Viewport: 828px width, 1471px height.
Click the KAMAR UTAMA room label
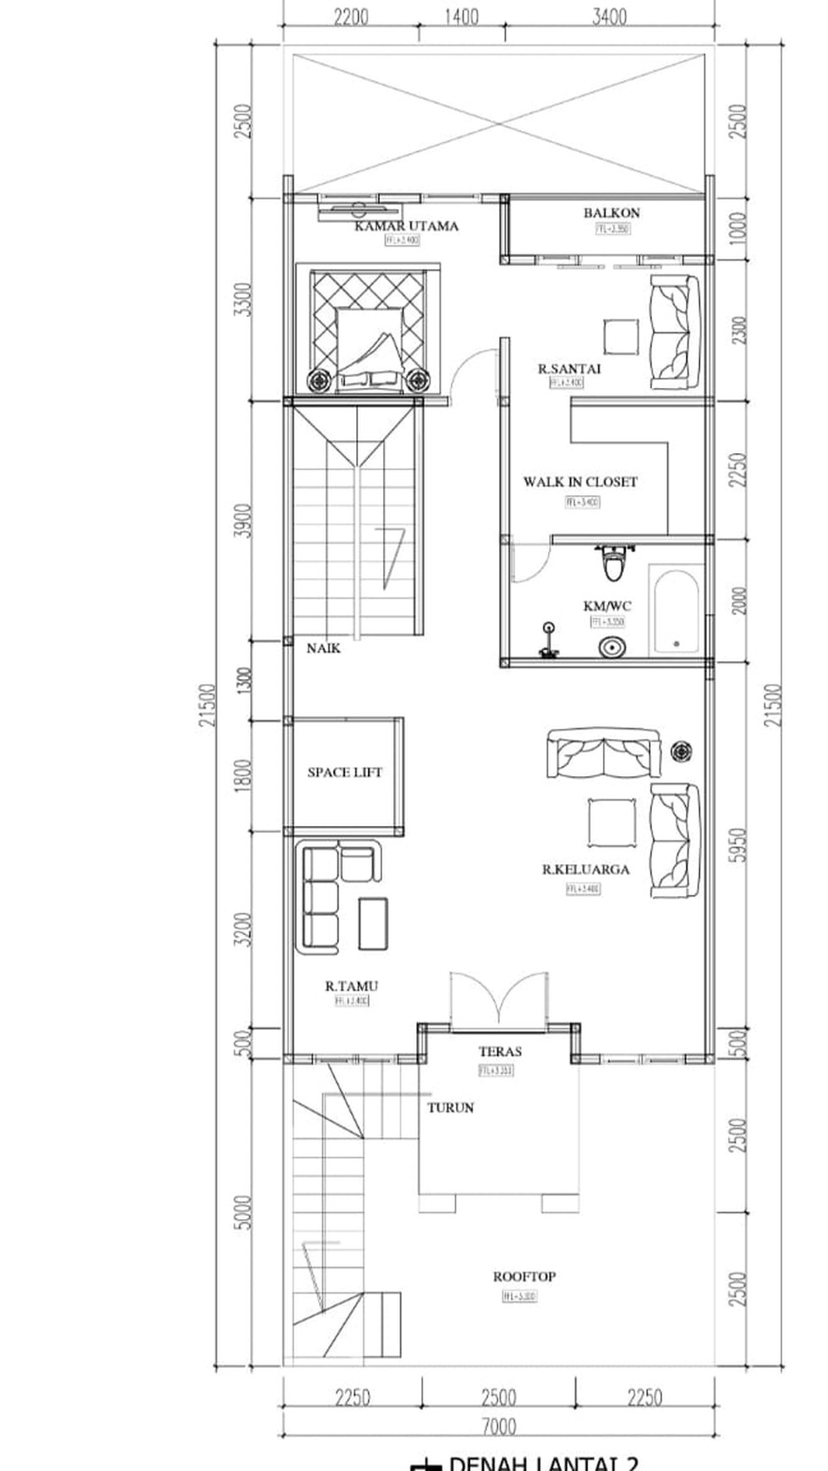coord(406,226)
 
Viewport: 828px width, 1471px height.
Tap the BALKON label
coord(611,213)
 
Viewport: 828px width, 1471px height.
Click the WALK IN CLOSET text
coord(579,482)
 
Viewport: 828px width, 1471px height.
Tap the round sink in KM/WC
coord(611,648)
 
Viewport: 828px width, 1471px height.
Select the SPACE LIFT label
coord(344,772)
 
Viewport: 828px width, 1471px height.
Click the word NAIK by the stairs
coord(323,648)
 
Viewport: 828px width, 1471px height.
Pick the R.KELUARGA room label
coord(585,869)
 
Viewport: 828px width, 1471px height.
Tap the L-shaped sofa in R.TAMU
coord(330,896)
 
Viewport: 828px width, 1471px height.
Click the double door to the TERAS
coord(499,1003)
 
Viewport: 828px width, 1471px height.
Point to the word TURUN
coord(450,1107)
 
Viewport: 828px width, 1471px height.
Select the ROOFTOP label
coord(524,1277)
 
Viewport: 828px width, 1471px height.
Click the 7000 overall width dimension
coord(498,1427)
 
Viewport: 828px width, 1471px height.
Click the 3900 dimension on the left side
coord(243,522)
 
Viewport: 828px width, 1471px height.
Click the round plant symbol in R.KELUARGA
coord(682,749)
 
